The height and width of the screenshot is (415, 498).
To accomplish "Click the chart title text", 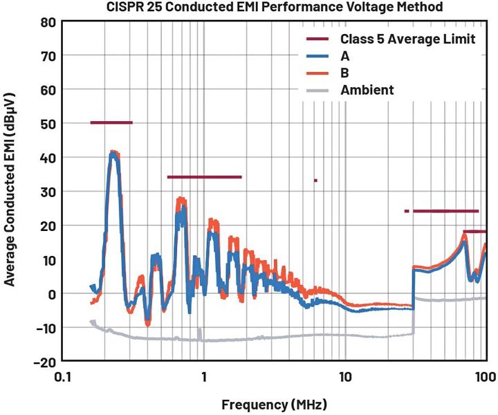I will point(274,8).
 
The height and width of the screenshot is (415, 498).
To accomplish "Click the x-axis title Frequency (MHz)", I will point(274,403).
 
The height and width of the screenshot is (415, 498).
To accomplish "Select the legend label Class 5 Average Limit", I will point(407,39).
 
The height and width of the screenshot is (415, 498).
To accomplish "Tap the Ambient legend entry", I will point(367,90).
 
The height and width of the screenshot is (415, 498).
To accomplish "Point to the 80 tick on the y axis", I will point(47,21).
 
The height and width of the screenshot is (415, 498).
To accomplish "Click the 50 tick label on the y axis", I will point(47,123).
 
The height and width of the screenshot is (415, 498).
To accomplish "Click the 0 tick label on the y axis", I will point(50,293).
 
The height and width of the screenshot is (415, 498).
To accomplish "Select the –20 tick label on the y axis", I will point(43,361).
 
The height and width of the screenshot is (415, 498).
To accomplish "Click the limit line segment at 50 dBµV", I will point(111,122).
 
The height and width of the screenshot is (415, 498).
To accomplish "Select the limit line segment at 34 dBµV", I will point(204,177).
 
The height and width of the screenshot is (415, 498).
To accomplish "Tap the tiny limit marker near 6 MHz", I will point(315,181).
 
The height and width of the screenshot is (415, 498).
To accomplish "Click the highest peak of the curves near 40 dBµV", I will point(115,152).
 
